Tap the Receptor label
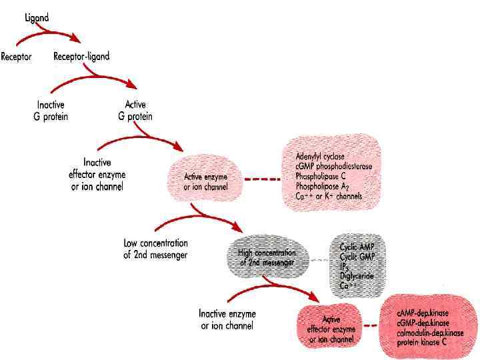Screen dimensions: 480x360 coord(17,57)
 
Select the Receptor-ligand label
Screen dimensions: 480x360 coord(81,57)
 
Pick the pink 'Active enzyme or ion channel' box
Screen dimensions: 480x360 coord(206,181)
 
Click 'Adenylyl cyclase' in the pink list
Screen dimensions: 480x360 coord(320,157)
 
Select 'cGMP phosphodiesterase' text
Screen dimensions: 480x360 coord(334,167)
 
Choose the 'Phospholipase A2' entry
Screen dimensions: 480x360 coord(324,187)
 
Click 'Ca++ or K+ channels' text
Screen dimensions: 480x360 coord(329,197)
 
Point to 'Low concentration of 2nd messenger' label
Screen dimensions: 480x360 coord(156,249)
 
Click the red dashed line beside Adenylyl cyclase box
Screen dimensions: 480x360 coord(261,180)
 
